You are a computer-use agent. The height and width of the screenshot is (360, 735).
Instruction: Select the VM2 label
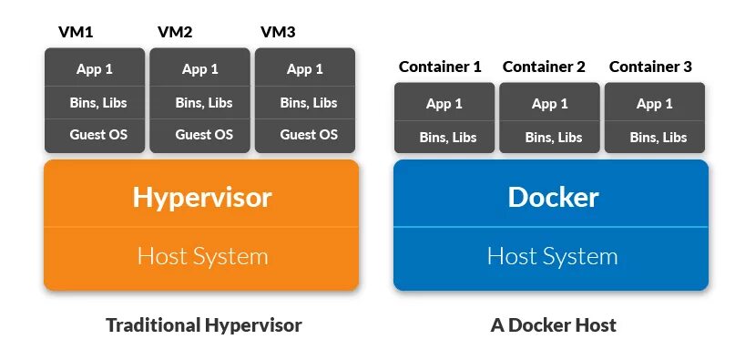175,33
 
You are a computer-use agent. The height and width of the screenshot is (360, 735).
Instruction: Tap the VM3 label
278,33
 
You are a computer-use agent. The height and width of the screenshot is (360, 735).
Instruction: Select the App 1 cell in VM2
200,69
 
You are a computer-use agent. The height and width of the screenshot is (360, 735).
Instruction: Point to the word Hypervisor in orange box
201,196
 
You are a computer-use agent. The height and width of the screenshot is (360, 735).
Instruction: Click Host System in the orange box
202,256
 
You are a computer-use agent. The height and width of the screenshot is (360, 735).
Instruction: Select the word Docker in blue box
553,197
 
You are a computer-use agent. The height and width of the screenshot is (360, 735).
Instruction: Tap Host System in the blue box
552,256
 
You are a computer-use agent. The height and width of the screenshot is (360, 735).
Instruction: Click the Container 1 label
440,67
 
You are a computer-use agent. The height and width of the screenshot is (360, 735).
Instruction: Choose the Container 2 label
545,67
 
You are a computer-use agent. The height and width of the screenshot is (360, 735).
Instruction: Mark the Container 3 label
650,67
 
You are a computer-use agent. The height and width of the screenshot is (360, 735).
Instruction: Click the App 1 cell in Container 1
444,104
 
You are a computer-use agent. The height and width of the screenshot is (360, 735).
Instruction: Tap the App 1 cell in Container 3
654,104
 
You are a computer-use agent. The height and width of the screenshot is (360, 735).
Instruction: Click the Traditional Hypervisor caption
203,324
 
